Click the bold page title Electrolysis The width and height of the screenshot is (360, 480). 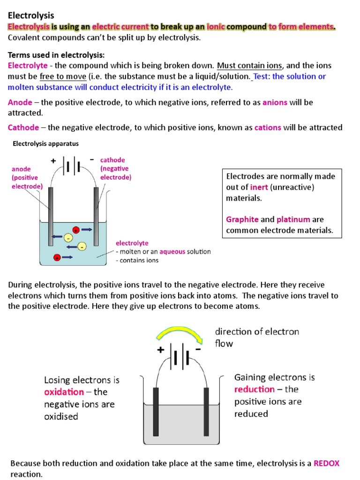coord(31,16)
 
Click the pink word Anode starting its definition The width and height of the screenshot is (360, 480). coord(20,102)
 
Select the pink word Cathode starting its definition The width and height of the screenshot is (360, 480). coord(23,127)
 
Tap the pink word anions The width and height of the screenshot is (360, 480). coord(275,102)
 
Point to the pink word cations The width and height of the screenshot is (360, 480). coord(268,127)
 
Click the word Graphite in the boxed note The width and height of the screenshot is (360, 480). coord(242,219)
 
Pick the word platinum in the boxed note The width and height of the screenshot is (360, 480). coord(293,219)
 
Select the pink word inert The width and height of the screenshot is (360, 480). coord(259,187)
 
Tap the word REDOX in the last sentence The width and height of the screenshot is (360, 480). coord(326,463)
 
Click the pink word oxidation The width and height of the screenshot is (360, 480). coord(64,392)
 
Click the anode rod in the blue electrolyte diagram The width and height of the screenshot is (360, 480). coord(50,216)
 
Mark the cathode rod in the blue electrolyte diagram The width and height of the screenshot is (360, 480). coord(96,216)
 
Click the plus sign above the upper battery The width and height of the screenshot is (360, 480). coord(53,161)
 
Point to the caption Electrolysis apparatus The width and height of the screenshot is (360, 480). coord(45,144)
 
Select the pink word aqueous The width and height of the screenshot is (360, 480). coord(175,252)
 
